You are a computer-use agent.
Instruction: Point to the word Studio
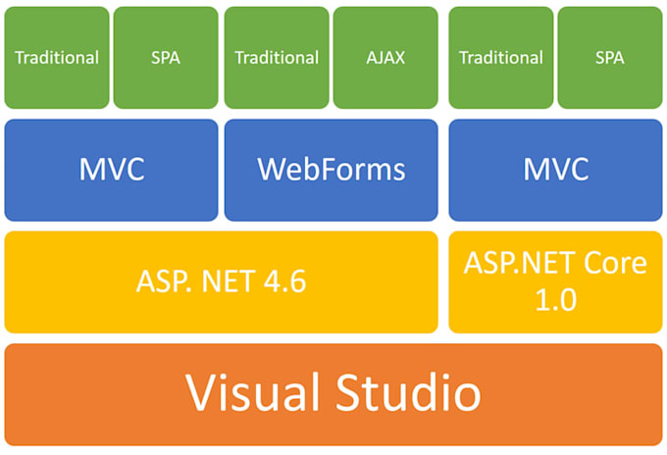click(x=412, y=393)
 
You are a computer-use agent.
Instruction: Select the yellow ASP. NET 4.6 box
click(x=221, y=282)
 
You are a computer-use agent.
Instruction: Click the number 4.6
click(x=284, y=282)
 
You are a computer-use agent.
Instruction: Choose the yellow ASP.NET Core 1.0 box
click(x=555, y=282)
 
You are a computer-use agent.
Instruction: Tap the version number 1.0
click(x=555, y=300)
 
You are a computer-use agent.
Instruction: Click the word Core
click(x=611, y=264)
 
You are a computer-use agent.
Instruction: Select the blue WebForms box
click(x=331, y=170)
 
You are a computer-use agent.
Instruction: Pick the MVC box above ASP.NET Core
click(x=555, y=170)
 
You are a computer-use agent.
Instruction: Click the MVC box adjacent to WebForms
click(x=111, y=170)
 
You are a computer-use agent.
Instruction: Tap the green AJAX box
click(x=385, y=57)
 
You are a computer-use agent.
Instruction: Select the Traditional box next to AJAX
click(x=277, y=57)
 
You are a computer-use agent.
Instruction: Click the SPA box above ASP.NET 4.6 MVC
click(x=166, y=57)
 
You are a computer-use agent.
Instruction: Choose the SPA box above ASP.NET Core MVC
click(x=609, y=57)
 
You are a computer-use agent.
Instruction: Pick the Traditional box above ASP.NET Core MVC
click(x=500, y=57)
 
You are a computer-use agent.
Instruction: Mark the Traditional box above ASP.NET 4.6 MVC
click(x=57, y=57)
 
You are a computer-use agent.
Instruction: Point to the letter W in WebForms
click(x=272, y=170)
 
